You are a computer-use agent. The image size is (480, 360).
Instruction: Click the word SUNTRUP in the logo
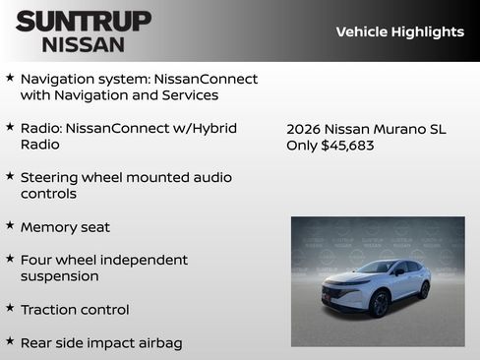84,21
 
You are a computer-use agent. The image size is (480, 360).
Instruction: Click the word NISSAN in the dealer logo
84,44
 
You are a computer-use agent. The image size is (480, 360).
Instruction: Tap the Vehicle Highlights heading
399,32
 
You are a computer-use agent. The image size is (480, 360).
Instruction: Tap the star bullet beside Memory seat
10,226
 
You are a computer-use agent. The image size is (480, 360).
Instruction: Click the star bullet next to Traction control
10,309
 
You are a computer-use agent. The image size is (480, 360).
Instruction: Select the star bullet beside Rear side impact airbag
10,342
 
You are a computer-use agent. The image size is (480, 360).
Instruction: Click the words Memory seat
65,227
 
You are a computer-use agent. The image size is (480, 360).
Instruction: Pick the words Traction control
75,310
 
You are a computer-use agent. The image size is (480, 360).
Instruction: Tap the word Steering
51,178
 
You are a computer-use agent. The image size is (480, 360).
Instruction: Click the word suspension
59,277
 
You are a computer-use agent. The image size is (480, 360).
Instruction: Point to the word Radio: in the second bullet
44,128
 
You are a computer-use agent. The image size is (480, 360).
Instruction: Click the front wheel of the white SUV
380,303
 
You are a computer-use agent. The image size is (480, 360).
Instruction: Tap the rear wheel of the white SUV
424,289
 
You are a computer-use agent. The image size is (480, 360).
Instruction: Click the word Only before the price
301,146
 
